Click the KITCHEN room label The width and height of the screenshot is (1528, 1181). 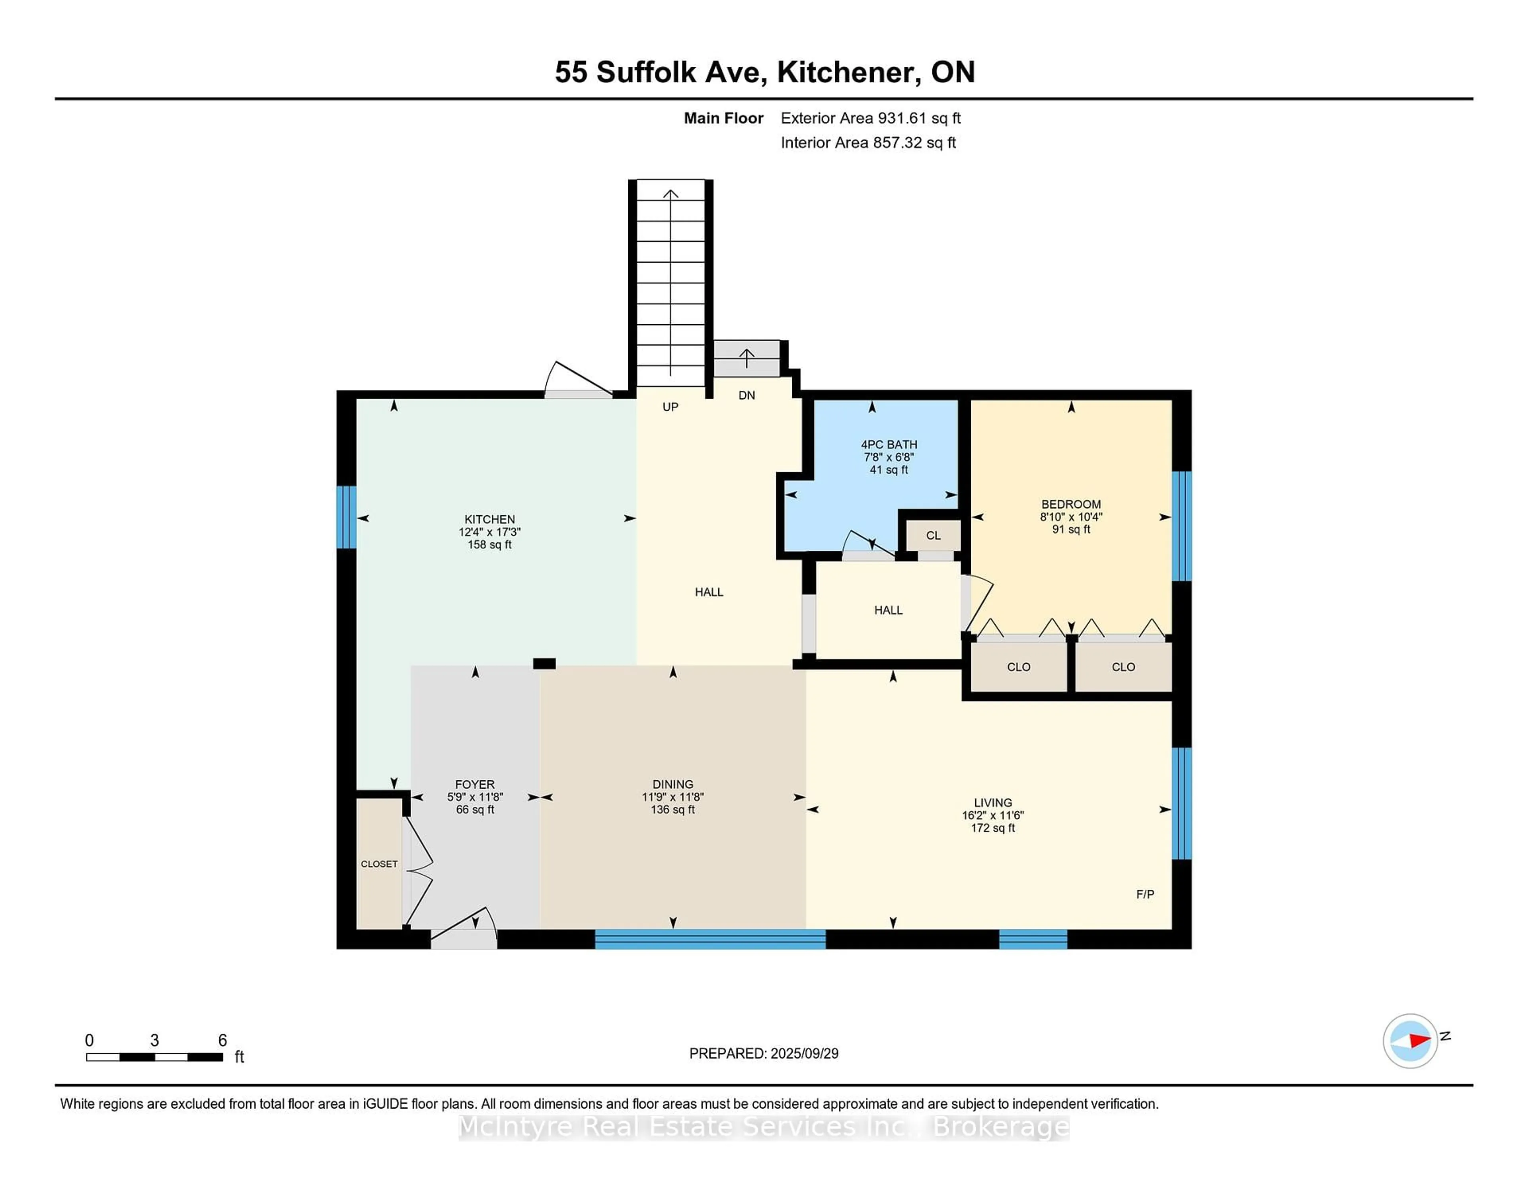pos(490,519)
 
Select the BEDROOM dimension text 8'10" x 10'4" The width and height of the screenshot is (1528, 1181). pos(1071,517)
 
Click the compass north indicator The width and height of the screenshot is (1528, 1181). pos(1411,1041)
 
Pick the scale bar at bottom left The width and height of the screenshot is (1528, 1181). pos(155,1057)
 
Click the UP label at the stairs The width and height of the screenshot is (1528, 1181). pos(670,407)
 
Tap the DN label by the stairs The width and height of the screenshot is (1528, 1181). pos(746,395)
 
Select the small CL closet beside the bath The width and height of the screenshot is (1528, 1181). pos(933,535)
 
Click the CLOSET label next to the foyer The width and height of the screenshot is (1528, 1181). pos(379,864)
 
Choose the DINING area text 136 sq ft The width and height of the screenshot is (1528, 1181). pos(672,809)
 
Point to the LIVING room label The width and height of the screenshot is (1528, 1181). pos(993,803)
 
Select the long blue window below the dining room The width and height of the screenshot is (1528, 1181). pos(710,939)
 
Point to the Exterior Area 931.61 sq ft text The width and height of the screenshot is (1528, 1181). pos(871,118)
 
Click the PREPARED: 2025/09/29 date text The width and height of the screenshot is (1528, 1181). pos(764,1054)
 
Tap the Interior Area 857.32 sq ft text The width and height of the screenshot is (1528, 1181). pos(868,143)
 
